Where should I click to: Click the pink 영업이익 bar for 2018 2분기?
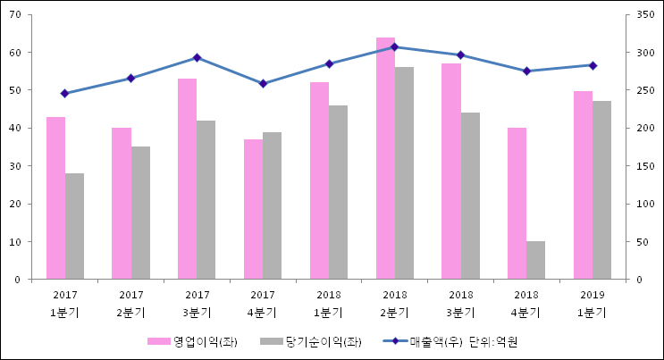pyautogui.click(x=385, y=158)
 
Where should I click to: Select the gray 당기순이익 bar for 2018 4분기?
pyautogui.click(x=536, y=260)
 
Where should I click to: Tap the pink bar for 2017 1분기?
pyautogui.click(x=55, y=197)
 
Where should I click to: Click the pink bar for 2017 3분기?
pyautogui.click(x=187, y=179)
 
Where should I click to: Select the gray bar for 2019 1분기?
pyautogui.click(x=602, y=190)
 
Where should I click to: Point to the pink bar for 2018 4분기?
pyautogui.click(x=517, y=204)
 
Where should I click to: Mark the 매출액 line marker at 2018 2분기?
pyautogui.click(x=395, y=46)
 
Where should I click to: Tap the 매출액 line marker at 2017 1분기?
pyautogui.click(x=64, y=93)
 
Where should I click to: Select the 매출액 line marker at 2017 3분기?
pyautogui.click(x=197, y=57)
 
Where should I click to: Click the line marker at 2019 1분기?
pyautogui.click(x=593, y=65)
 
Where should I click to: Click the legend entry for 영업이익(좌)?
pyautogui.click(x=193, y=341)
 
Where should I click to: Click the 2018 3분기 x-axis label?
pyautogui.click(x=461, y=303)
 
